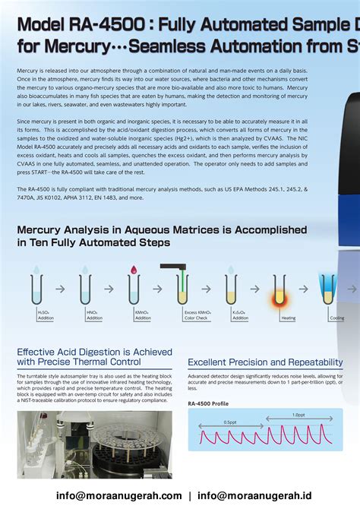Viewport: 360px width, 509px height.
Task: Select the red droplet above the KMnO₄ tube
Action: pos(134,270)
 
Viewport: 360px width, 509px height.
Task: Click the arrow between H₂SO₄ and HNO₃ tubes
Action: pos(62,289)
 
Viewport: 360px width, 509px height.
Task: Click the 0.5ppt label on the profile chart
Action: pos(229,422)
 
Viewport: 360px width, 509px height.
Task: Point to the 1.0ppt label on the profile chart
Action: pos(298,416)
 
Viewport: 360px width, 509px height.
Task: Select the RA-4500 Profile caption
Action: pos(208,403)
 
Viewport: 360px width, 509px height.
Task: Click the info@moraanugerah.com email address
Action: pos(114,495)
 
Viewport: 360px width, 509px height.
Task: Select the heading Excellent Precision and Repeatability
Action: pos(265,362)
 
